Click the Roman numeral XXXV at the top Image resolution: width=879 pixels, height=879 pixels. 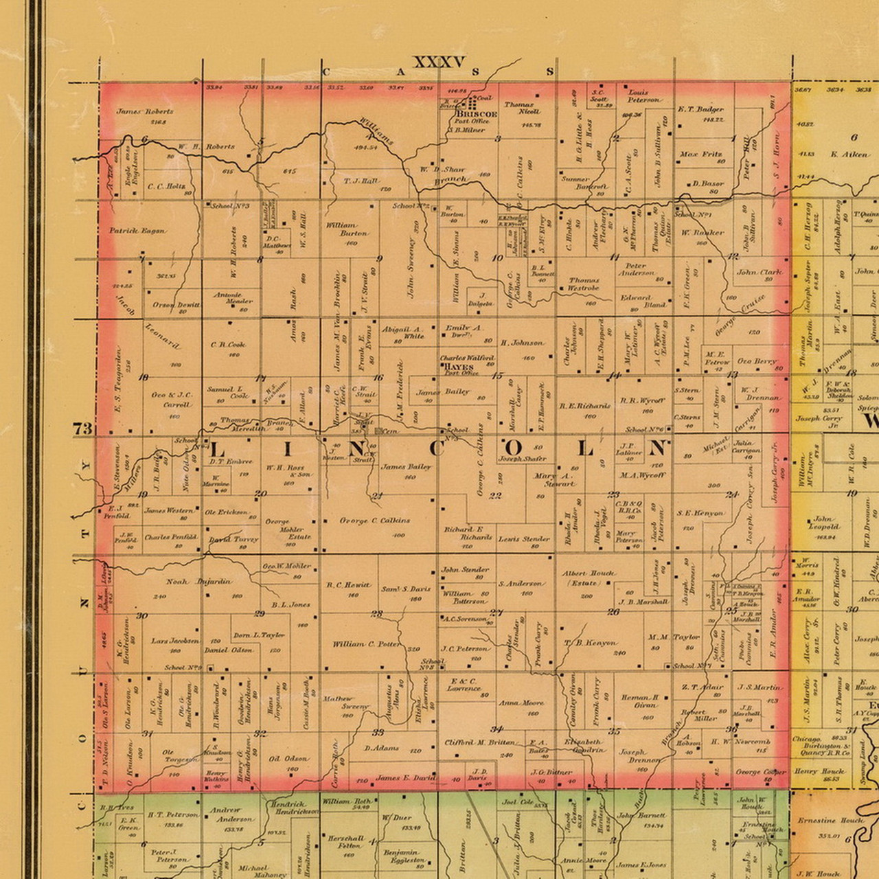click(439, 62)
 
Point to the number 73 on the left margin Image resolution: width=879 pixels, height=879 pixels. click(83, 429)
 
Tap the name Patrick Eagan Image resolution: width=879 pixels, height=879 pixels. click(137, 231)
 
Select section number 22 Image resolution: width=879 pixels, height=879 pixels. click(495, 495)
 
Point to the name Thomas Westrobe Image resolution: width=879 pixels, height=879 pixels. click(584, 284)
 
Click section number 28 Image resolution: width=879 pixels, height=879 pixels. click(377, 614)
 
